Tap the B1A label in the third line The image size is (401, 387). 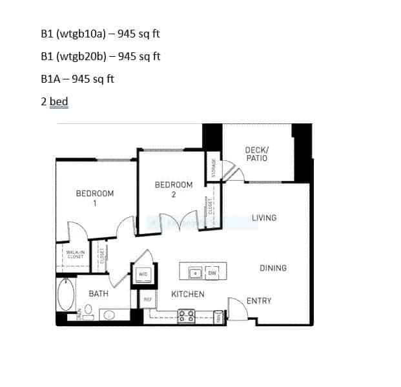pyautogui.click(x=51, y=79)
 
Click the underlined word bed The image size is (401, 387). pyautogui.click(x=59, y=101)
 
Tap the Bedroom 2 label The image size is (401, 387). pyautogui.click(x=174, y=189)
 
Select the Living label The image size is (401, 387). pyautogui.click(x=264, y=218)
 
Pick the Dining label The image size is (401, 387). pyautogui.click(x=273, y=268)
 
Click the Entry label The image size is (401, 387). pyautogui.click(x=259, y=300)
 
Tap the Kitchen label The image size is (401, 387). pyautogui.click(x=187, y=295)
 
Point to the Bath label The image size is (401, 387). pyautogui.click(x=98, y=294)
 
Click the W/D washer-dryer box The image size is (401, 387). pyautogui.click(x=143, y=275)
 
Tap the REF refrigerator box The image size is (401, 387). pyautogui.click(x=147, y=300)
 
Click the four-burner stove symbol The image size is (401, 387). pyautogui.click(x=186, y=316)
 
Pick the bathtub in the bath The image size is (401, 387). pyautogui.click(x=66, y=295)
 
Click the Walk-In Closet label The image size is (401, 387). pyautogui.click(x=75, y=255)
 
